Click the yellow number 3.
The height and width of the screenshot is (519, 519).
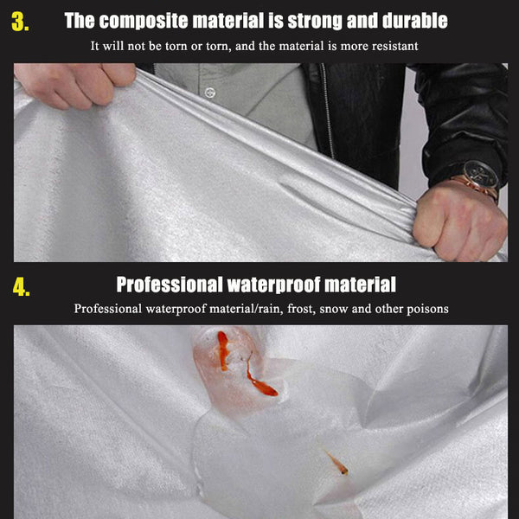[x=20, y=22]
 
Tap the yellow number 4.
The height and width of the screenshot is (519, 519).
[x=21, y=286]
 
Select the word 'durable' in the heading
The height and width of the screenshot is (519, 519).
[x=415, y=21]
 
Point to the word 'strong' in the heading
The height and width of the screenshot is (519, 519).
[x=316, y=21]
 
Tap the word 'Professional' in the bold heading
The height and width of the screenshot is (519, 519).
[x=170, y=285]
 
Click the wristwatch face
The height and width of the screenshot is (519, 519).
[x=480, y=174]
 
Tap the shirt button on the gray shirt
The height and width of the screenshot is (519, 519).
[x=210, y=93]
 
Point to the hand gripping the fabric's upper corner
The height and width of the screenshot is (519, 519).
[x=75, y=85]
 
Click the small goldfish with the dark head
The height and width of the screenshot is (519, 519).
[x=336, y=463]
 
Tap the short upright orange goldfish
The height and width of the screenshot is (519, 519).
[x=223, y=350]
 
